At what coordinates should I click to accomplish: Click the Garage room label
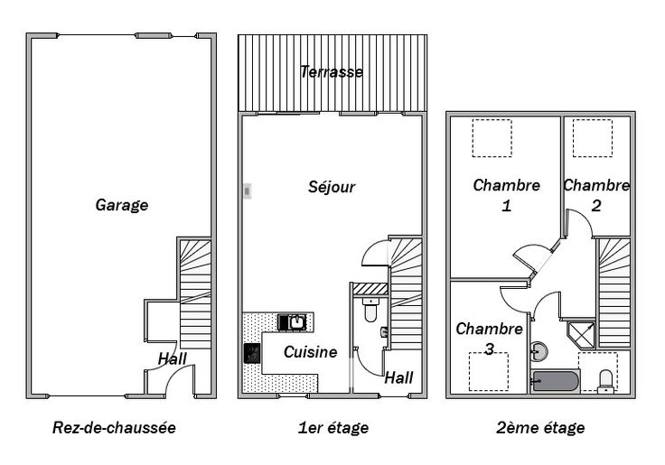tap(122, 205)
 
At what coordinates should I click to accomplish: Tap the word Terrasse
tap(332, 71)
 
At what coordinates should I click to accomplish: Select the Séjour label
tap(332, 187)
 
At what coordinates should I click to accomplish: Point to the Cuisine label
tap(311, 352)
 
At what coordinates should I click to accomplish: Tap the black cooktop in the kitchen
tap(252, 353)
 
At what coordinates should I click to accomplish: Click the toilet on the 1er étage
tap(370, 310)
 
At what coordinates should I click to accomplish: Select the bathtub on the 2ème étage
tap(556, 382)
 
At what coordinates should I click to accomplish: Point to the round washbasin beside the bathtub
tap(539, 351)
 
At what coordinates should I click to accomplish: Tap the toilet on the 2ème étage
tap(605, 382)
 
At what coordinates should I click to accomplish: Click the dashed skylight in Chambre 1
tap(492, 138)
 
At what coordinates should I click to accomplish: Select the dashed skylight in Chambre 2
tap(593, 138)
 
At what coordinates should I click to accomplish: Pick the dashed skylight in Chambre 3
tap(489, 372)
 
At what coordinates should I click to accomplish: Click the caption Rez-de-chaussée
tap(114, 427)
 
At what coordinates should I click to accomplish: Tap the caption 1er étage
tap(333, 428)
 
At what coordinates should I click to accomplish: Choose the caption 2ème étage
tap(540, 427)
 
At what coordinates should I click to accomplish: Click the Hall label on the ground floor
tap(173, 359)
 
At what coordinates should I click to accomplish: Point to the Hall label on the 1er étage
tap(398, 377)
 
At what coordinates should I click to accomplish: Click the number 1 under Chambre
tap(506, 206)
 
